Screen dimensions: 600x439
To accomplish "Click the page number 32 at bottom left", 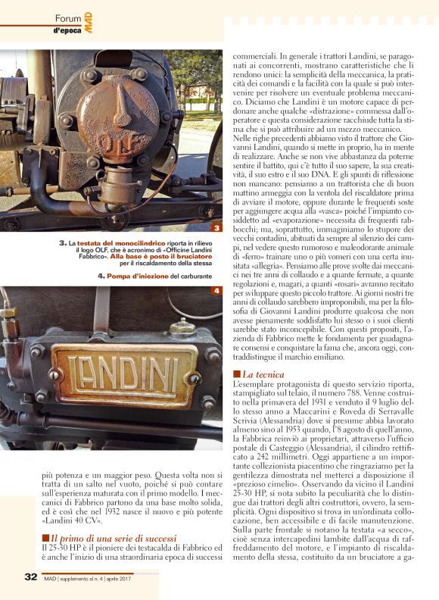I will tap(30, 577).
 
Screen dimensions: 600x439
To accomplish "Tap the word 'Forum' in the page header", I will tap(69, 17).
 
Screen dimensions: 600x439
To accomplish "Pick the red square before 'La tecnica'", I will tap(236, 374).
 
